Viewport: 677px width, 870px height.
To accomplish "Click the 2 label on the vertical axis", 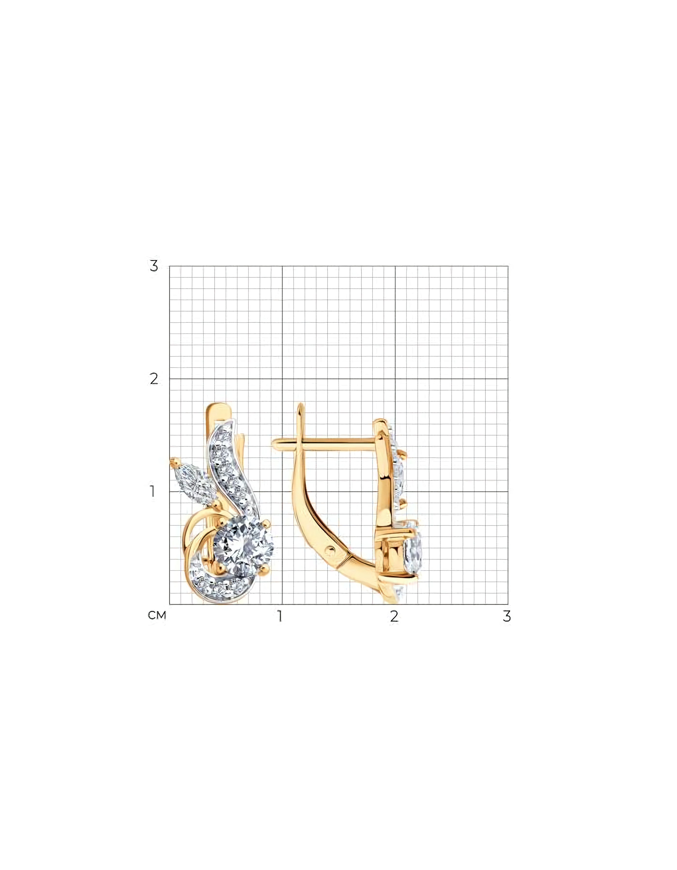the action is [154, 379].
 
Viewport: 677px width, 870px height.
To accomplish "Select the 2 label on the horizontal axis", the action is [394, 616].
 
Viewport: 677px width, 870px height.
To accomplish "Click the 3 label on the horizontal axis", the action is [507, 616].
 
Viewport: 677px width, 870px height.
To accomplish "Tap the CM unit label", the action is [157, 616].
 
